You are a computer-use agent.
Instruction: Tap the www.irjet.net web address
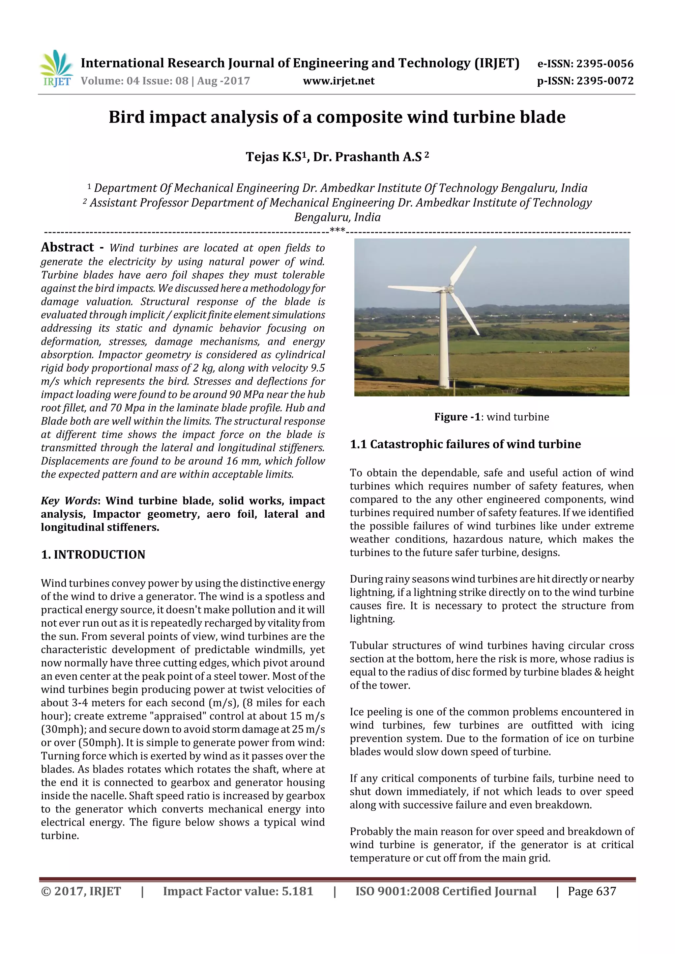pyautogui.click(x=338, y=81)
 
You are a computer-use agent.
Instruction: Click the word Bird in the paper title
pyautogui.click(x=127, y=117)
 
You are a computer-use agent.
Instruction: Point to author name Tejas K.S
pyautogui.click(x=273, y=157)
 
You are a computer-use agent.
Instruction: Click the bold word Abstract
pyautogui.click(x=67, y=247)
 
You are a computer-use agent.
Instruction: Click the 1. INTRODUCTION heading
pyautogui.click(x=93, y=555)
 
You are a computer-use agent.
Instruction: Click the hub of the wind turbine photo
pyautogui.click(x=448, y=288)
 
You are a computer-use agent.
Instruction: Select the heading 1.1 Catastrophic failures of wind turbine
pyautogui.click(x=465, y=444)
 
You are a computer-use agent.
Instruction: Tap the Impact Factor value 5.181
pyautogui.click(x=297, y=891)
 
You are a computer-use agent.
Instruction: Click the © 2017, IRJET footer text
pyautogui.click(x=81, y=891)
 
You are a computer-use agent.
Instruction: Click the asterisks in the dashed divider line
pyautogui.click(x=337, y=230)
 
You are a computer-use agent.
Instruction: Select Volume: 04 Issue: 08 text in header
pyautogui.click(x=134, y=81)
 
